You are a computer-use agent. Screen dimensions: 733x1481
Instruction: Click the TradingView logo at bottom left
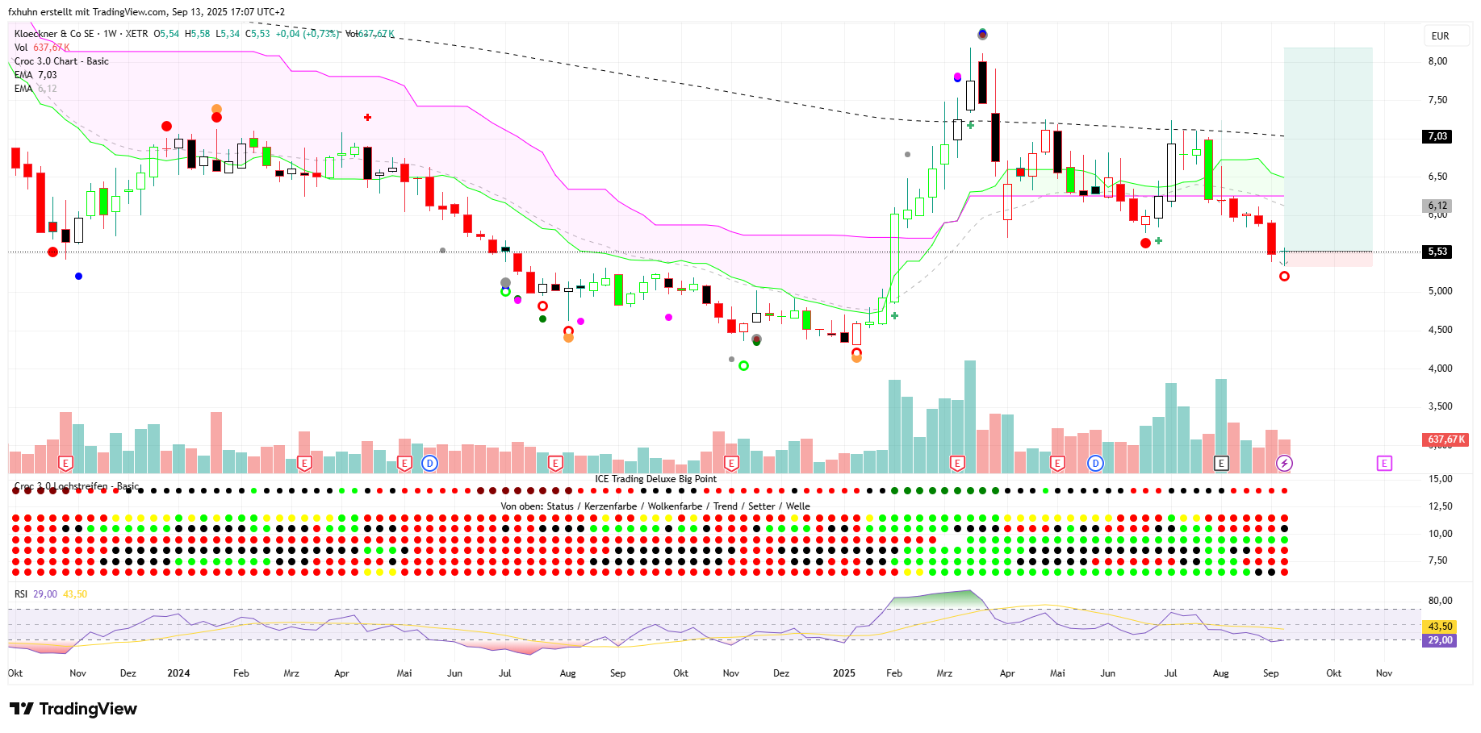coord(73,709)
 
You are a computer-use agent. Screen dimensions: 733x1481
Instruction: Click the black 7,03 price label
coord(1437,136)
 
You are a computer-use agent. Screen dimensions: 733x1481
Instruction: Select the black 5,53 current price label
coord(1437,252)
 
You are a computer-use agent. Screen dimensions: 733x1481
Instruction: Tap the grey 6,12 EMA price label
coord(1437,206)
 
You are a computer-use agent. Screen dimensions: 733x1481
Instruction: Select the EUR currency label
coord(1440,36)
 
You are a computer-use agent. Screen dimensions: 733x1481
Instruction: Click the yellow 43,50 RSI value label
coord(1440,627)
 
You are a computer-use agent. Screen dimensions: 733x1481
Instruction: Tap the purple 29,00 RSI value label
coord(1440,640)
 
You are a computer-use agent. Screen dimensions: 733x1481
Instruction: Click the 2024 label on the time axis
coord(178,673)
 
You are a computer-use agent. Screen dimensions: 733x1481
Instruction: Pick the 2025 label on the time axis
coord(844,673)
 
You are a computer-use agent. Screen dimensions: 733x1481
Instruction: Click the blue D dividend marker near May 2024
coord(429,463)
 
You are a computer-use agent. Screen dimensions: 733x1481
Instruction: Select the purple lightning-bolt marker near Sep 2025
coord(1284,463)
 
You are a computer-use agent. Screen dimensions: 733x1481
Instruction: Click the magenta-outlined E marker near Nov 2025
coord(1384,463)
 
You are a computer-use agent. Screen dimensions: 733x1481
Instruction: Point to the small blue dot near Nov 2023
coord(78,277)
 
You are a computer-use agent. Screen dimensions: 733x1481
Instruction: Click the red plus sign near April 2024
coord(367,118)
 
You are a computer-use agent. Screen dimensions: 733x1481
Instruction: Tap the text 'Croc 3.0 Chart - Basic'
coord(61,61)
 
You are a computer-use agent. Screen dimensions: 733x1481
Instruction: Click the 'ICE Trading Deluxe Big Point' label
coord(655,479)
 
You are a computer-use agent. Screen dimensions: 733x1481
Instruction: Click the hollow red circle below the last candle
coord(1284,277)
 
